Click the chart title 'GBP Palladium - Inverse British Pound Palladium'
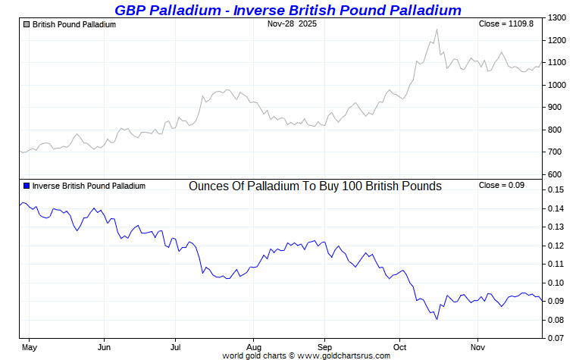pyautogui.click(x=287, y=10)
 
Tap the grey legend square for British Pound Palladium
pyautogui.click(x=27, y=24)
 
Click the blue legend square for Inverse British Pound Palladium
pyautogui.click(x=27, y=186)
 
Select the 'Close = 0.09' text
pyautogui.click(x=502, y=186)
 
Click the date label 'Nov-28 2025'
pyautogui.click(x=292, y=24)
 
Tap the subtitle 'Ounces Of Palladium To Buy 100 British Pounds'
pyautogui.click(x=315, y=186)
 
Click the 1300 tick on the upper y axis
pyautogui.click(x=557, y=17)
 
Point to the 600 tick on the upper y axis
pyautogui.click(x=555, y=174)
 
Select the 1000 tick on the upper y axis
pyautogui.click(x=557, y=85)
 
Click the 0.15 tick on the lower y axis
pyautogui.click(x=556, y=189)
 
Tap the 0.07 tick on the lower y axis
pyautogui.click(x=556, y=338)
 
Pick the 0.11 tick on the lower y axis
pyautogui.click(x=556, y=264)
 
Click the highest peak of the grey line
pyautogui.click(x=437, y=30)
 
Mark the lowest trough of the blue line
pyautogui.click(x=437, y=320)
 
